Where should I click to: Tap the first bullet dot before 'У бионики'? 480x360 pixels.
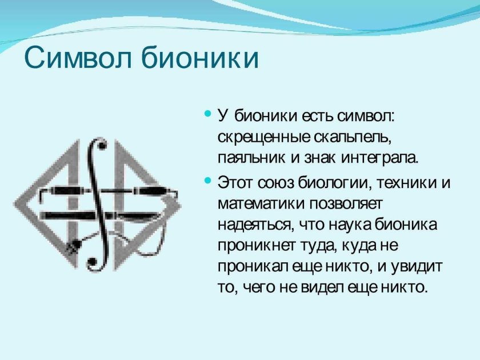207,114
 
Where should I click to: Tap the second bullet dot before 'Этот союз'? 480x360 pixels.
207,181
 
